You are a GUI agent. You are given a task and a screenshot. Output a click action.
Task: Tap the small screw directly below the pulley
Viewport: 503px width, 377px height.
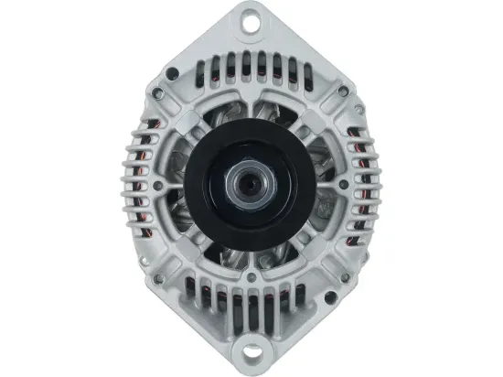pos(251,275)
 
